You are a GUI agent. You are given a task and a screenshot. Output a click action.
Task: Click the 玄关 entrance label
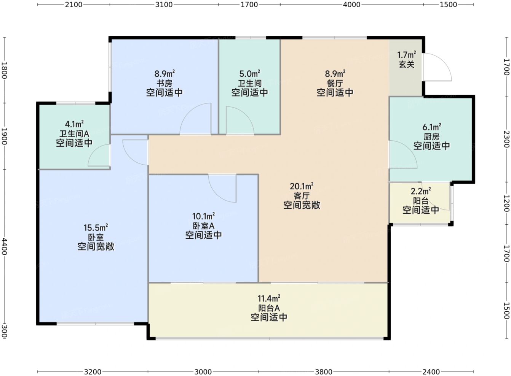[x=407, y=65]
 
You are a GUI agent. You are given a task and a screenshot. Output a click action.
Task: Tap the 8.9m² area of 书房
[x=164, y=73]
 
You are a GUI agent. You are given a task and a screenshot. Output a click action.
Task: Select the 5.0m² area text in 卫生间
[x=249, y=73]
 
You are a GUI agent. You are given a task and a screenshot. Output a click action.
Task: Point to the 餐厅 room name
[x=335, y=83]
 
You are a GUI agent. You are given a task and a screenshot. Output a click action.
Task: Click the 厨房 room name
[x=431, y=136]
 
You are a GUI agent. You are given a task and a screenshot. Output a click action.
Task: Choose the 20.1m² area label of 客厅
[x=302, y=186]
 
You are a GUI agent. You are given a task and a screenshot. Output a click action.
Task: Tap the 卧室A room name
[x=203, y=226]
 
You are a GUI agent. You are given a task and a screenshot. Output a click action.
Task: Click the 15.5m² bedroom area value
[x=96, y=227]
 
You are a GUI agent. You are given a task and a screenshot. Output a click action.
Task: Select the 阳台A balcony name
[x=269, y=308]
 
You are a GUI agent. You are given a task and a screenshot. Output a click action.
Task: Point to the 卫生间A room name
[x=74, y=134]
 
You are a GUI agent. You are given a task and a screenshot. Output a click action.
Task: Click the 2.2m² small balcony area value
[x=421, y=191]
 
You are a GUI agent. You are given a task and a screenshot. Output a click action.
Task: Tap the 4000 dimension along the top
[x=352, y=5]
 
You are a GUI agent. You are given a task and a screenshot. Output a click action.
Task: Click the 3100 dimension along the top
[x=164, y=5]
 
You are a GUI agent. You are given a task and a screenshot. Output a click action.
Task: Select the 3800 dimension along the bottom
[x=324, y=372]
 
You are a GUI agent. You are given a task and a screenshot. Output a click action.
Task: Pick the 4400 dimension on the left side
[x=5, y=246]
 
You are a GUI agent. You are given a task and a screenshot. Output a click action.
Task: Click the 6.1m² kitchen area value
[x=432, y=127]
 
